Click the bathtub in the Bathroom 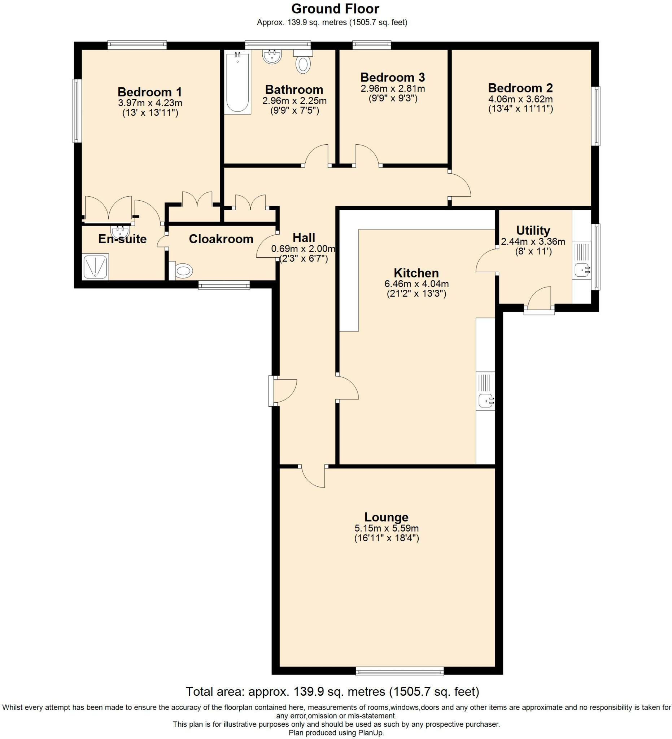(237, 83)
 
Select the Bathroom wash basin (272, 57)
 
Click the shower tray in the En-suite (95, 267)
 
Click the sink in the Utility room (582, 270)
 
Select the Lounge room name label (386, 517)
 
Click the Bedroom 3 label (392, 77)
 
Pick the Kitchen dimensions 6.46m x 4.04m (416, 284)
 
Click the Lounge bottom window (399, 672)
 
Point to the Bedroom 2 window (597, 116)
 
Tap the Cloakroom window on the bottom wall (224, 285)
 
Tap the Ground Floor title (335, 9)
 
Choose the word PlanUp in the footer (372, 733)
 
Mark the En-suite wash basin (120, 232)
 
